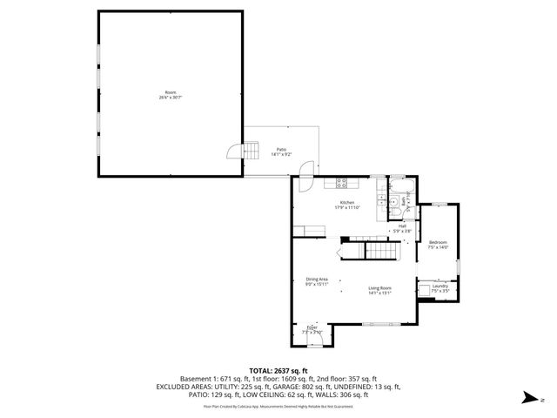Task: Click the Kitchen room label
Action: pyautogui.click(x=346, y=202)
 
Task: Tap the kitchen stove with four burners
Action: pyautogui.click(x=342, y=183)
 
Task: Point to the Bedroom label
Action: pyautogui.click(x=437, y=242)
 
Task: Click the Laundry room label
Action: pyautogui.click(x=440, y=286)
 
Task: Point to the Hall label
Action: pyautogui.click(x=402, y=226)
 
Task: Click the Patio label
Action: pyautogui.click(x=282, y=149)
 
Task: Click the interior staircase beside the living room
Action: pyautogui.click(x=379, y=252)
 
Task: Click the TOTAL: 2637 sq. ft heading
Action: pyautogui.click(x=278, y=370)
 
